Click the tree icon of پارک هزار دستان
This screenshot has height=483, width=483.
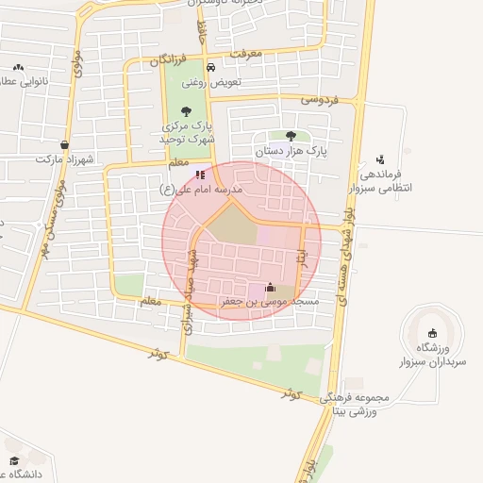[290, 136]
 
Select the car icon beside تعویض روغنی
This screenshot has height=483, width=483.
[210, 68]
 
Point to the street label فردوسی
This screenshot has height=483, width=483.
[320, 98]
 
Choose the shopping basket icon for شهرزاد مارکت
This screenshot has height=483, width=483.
[63, 145]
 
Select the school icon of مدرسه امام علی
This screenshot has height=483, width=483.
[199, 175]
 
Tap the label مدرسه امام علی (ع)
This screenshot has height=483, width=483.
[202, 190]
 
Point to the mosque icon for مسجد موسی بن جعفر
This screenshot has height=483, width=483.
[271, 288]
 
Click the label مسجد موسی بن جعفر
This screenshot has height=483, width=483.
[271, 302]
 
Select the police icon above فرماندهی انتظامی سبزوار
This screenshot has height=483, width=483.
[379, 159]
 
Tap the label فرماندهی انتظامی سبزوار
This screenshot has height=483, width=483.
[381, 181]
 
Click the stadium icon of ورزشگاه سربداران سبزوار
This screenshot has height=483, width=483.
[432, 331]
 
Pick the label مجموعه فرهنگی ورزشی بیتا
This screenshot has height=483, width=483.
[362, 404]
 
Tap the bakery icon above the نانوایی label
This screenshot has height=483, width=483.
[18, 68]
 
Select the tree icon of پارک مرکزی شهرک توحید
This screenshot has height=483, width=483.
[184, 111]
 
